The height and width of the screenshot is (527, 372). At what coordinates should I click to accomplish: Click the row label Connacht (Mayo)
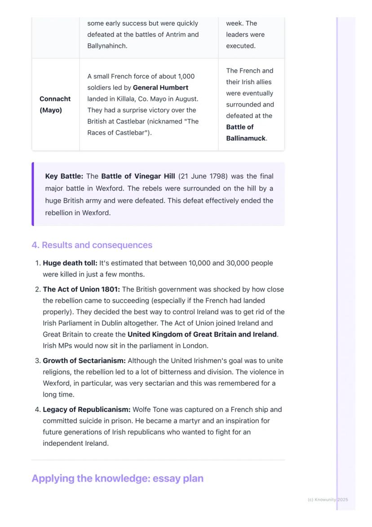[x=55, y=104]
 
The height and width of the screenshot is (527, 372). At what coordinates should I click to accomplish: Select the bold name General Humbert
[x=160, y=88]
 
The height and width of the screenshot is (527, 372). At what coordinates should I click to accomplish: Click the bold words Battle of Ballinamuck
[x=246, y=133]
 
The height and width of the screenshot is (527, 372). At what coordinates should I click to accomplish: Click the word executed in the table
[x=240, y=46]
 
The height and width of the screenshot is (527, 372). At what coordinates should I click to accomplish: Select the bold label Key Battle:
[x=64, y=176]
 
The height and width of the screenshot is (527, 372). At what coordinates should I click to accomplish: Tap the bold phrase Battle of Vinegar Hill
[x=138, y=176]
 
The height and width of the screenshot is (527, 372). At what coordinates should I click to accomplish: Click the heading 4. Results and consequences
[x=92, y=245]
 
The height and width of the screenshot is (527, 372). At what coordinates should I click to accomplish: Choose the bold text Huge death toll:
[x=70, y=263]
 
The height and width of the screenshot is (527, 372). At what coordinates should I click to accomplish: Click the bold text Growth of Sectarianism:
[x=84, y=361]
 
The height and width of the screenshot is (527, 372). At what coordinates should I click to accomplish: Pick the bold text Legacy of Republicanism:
[x=86, y=410]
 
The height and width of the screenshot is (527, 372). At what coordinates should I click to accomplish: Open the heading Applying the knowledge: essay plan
[x=117, y=478]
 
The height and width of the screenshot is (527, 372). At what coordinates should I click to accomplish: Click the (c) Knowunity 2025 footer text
[x=328, y=500]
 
